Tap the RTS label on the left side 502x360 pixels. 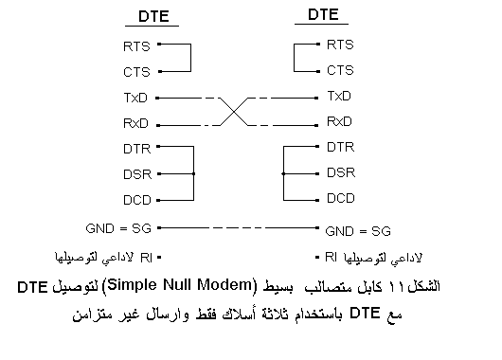click(136, 45)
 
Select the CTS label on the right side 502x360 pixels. click(340, 70)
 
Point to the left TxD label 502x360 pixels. click(136, 97)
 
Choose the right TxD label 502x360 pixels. click(339, 96)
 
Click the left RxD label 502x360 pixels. click(136, 123)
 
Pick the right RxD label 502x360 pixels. click(340, 121)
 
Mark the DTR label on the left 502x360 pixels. click(136, 148)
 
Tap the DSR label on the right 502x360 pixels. click(341, 172)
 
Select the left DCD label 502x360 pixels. click(137, 200)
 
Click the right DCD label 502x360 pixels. click(341, 198)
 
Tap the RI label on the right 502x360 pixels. click(332, 257)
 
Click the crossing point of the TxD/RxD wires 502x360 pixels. click(237, 109)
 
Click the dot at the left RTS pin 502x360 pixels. click(161, 44)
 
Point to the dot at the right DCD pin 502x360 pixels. click(316, 199)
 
